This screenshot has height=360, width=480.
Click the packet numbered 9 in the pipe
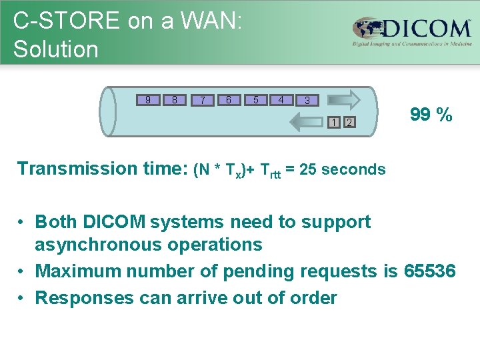(x=147, y=100)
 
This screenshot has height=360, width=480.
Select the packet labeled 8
(x=174, y=100)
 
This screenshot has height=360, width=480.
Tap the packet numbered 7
(x=202, y=101)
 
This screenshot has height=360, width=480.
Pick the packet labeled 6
(x=228, y=100)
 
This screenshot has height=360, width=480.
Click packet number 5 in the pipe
(x=255, y=100)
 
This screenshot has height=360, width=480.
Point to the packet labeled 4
(x=281, y=100)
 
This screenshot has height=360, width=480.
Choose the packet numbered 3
(x=307, y=101)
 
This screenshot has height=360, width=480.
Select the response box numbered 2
(x=349, y=122)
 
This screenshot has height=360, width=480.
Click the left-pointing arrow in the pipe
(x=308, y=121)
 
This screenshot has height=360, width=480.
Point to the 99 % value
(x=431, y=115)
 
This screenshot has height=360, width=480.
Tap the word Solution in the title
(x=55, y=49)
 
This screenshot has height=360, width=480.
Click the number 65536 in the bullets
(x=429, y=271)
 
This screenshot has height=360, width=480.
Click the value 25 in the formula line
(x=308, y=169)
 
